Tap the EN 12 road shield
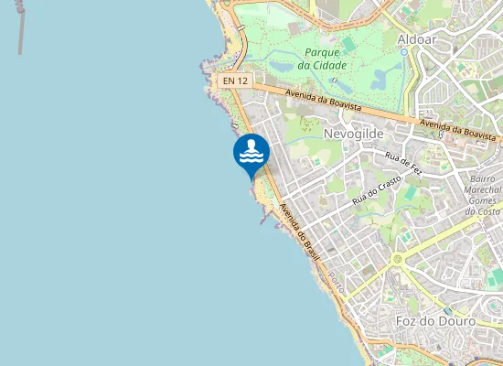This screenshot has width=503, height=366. click(235, 81)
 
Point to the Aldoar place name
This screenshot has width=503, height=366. click(417, 38)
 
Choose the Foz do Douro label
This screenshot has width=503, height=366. click(437, 321)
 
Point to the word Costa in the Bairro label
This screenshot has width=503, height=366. click(482, 211)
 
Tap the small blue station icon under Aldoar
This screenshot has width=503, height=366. click(403, 52)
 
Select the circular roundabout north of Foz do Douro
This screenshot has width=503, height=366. click(397, 259)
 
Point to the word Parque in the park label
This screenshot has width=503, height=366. click(323, 52)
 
